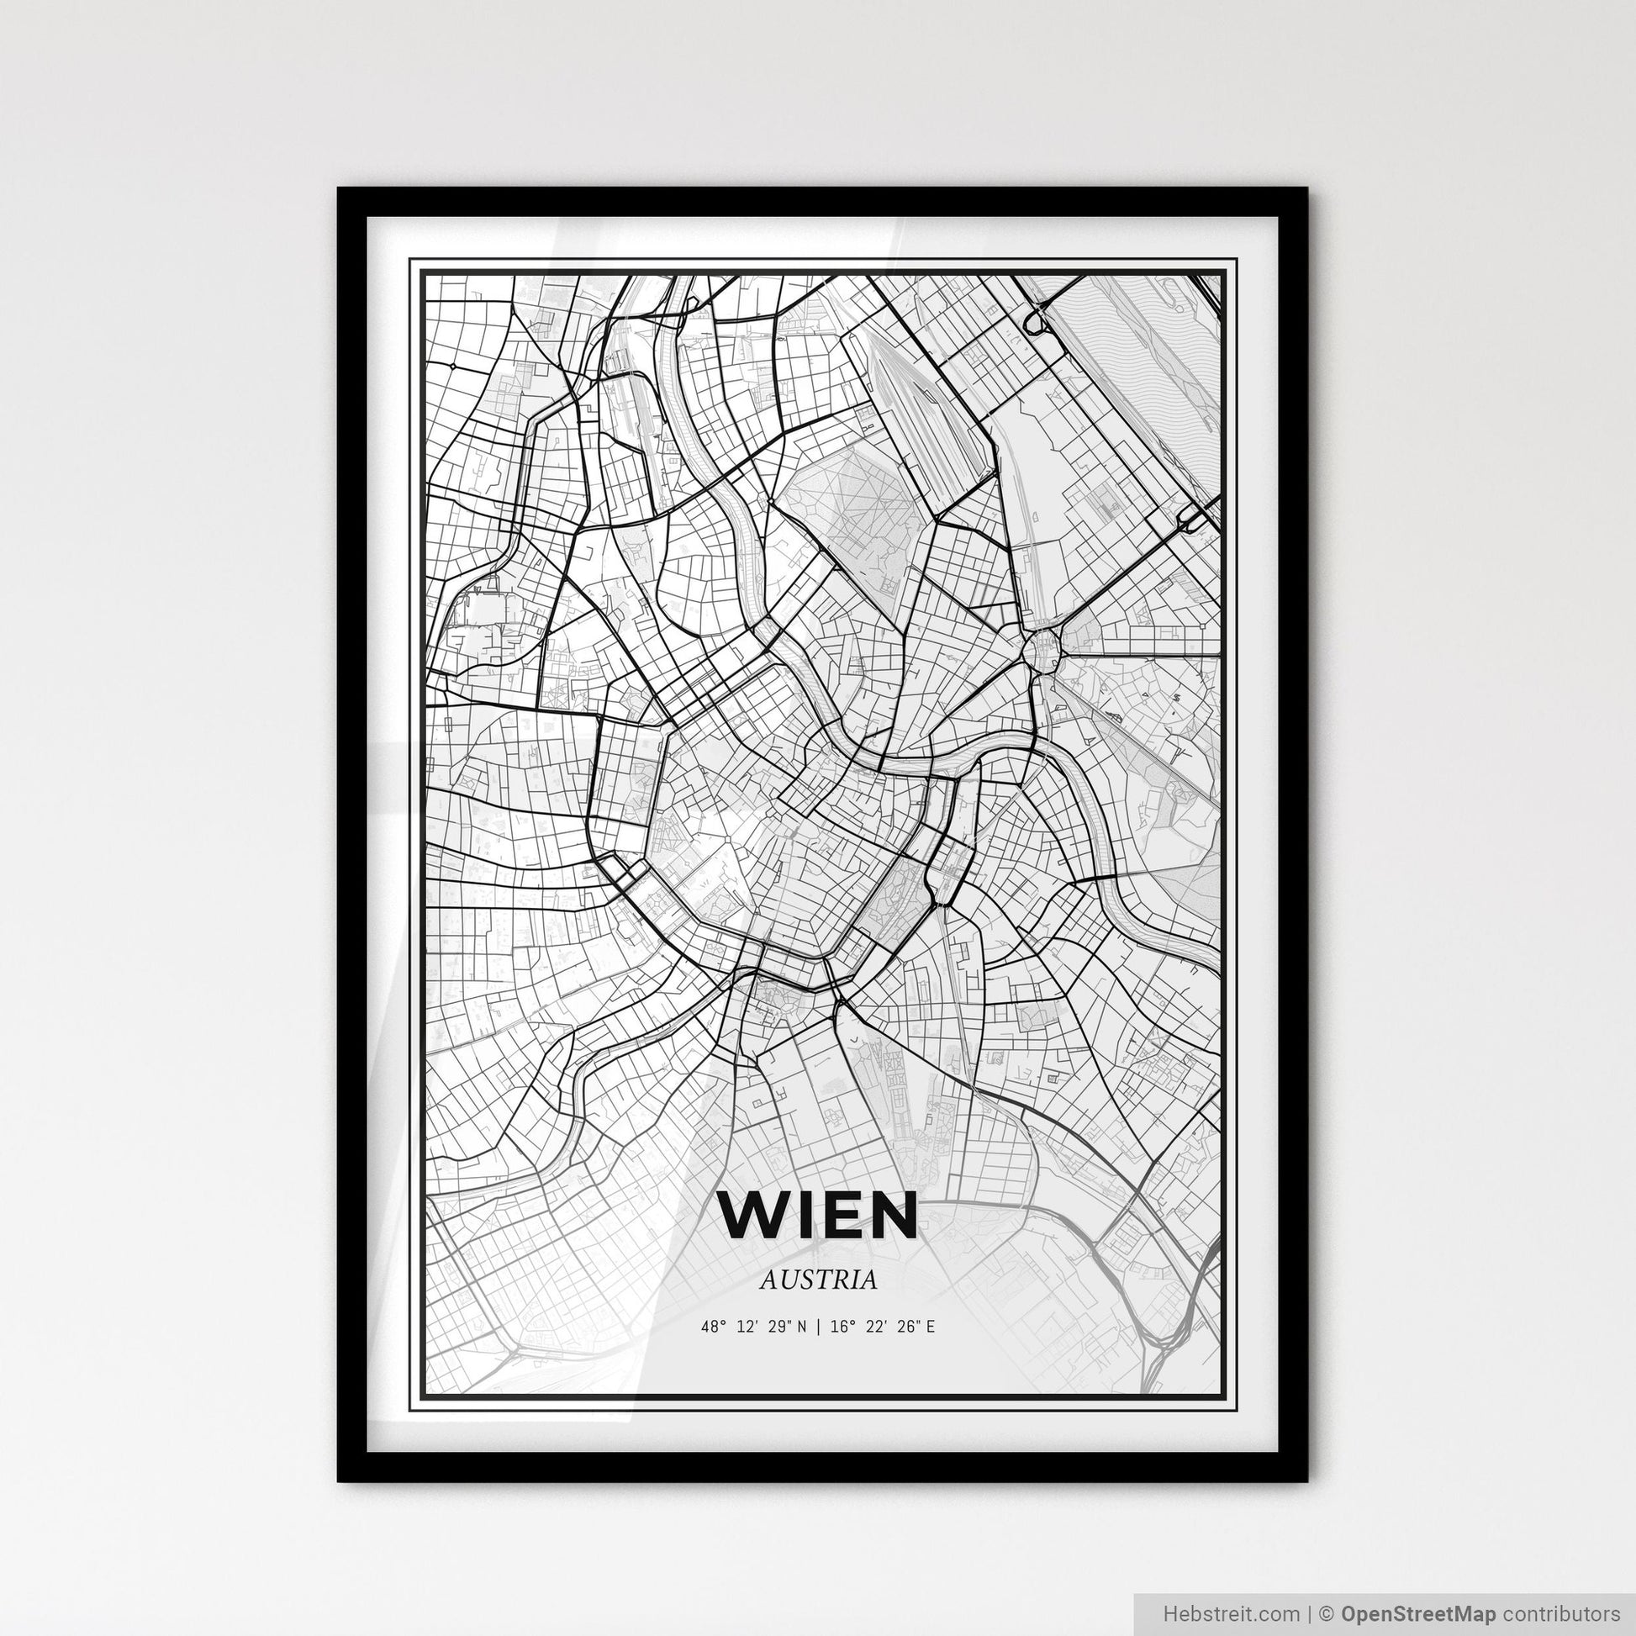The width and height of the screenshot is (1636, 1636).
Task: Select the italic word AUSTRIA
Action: pyautogui.click(x=818, y=1280)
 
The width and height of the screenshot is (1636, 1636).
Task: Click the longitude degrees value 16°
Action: pyautogui.click(x=839, y=1327)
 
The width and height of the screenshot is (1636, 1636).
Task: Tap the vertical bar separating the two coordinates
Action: pyautogui.click(x=818, y=1327)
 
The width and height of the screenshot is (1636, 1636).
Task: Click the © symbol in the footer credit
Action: pyautogui.click(x=1327, y=1612)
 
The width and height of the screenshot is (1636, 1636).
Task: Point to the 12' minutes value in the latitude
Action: pyautogui.click(x=745, y=1327)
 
